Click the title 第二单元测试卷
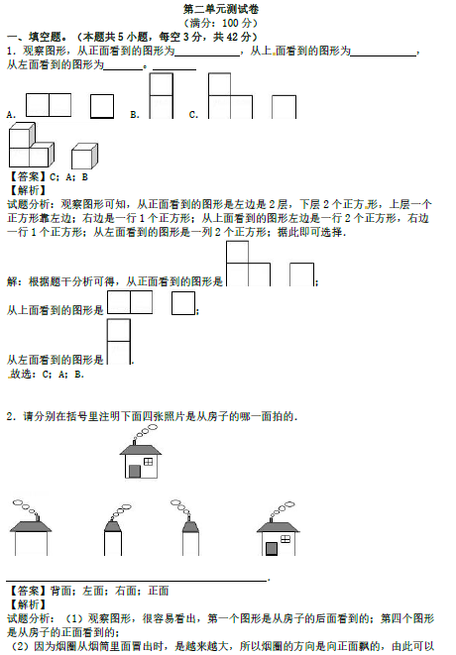pos(221,9)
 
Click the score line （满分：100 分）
pos(220,23)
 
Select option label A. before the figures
pos(11,115)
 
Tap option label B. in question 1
pos(135,115)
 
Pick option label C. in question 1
pos(193,115)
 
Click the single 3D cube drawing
pos(85,156)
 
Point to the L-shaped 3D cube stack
pos(32,145)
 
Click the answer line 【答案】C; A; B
pos(48,176)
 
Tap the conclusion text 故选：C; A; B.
pos(47,375)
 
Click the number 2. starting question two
pos(11,416)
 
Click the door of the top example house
pos(135,472)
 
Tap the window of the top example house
pos(148,462)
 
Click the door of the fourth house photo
pos(272,549)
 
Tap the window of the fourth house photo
pos(285,539)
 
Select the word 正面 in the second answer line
pos(159,591)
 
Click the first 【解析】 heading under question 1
pos(27,190)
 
